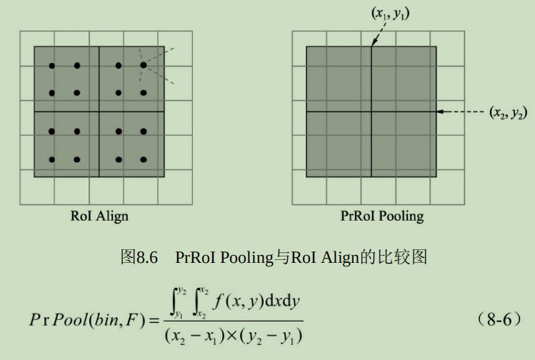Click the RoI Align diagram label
(99, 216)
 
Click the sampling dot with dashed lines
(144, 65)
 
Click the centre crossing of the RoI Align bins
(99, 111)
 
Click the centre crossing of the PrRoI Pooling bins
(371, 111)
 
